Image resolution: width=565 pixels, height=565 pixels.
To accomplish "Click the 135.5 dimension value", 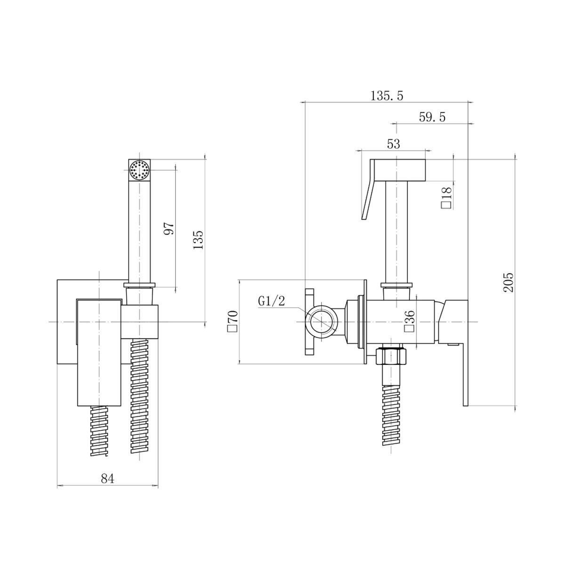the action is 387,96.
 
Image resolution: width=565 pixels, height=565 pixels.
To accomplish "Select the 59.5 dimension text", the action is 432,117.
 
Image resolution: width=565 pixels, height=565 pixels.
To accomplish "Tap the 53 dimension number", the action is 394,144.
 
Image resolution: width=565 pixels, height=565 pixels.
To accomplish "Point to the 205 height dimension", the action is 508,282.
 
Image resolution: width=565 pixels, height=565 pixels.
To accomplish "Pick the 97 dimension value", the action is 169,228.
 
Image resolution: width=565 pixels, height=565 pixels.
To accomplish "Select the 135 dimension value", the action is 198,240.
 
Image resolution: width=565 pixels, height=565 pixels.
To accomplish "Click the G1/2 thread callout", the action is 271,301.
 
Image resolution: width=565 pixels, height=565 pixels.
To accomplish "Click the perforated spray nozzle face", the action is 139,170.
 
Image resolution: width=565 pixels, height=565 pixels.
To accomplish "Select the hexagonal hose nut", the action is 391,356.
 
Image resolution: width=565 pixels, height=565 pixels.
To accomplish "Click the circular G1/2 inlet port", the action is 322,322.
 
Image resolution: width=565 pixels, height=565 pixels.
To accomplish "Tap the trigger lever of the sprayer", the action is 369,189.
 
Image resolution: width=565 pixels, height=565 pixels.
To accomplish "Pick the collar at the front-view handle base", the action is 139,285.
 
